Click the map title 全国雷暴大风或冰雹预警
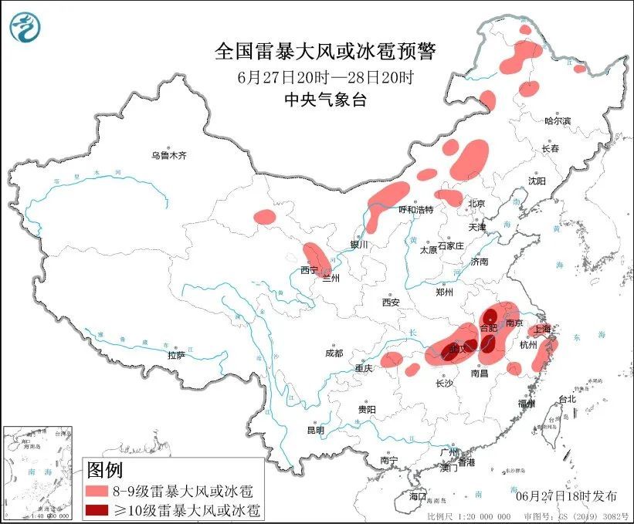(324, 52)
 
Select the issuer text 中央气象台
(324, 98)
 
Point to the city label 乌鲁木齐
(169, 155)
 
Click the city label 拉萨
(175, 355)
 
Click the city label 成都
(334, 353)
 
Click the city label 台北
(567, 399)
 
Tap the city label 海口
(418, 495)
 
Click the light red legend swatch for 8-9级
(97, 491)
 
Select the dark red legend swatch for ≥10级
(97, 510)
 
